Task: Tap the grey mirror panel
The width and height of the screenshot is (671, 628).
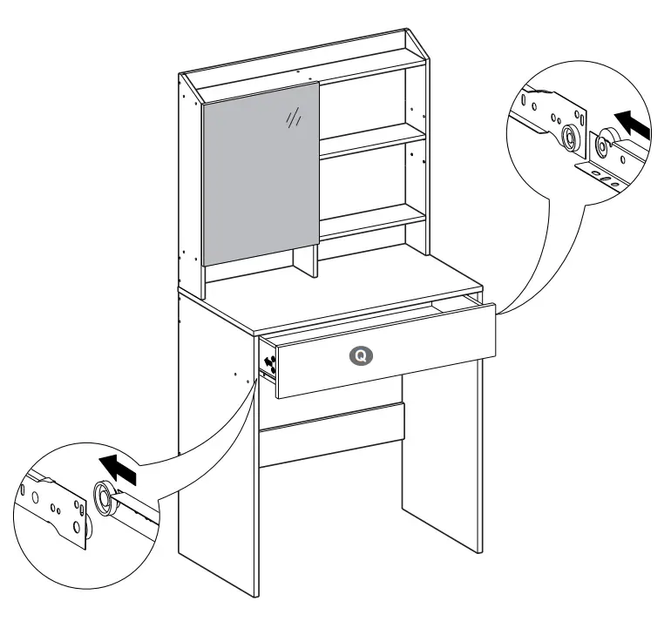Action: (261, 174)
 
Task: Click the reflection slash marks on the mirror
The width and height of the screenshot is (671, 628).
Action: (294, 118)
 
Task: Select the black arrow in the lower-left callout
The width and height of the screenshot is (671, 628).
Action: (119, 471)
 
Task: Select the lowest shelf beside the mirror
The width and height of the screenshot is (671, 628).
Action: (373, 221)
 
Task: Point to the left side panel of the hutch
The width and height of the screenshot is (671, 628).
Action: (191, 183)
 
